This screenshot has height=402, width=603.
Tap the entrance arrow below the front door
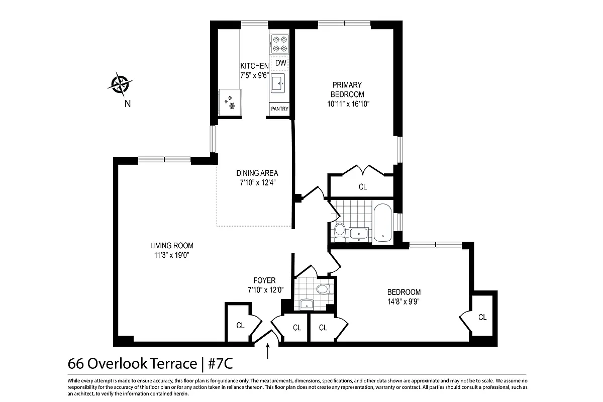coord(267,351)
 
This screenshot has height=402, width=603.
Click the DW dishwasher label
coord(280,63)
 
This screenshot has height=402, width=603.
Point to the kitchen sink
coord(278,83)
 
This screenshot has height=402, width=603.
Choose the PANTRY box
coord(279,109)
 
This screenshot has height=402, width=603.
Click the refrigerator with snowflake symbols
coord(231,102)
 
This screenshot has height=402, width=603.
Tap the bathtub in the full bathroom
coord(383,223)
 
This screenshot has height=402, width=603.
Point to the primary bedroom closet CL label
coord(363,187)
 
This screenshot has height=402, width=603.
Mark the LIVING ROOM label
coord(171,246)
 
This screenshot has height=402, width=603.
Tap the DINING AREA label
coord(258,173)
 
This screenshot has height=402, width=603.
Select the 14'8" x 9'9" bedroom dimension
coord(404,301)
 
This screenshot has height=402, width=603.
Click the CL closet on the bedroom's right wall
coord(482,317)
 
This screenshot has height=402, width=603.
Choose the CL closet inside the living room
coord(240,326)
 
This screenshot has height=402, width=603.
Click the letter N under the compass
coord(127,104)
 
